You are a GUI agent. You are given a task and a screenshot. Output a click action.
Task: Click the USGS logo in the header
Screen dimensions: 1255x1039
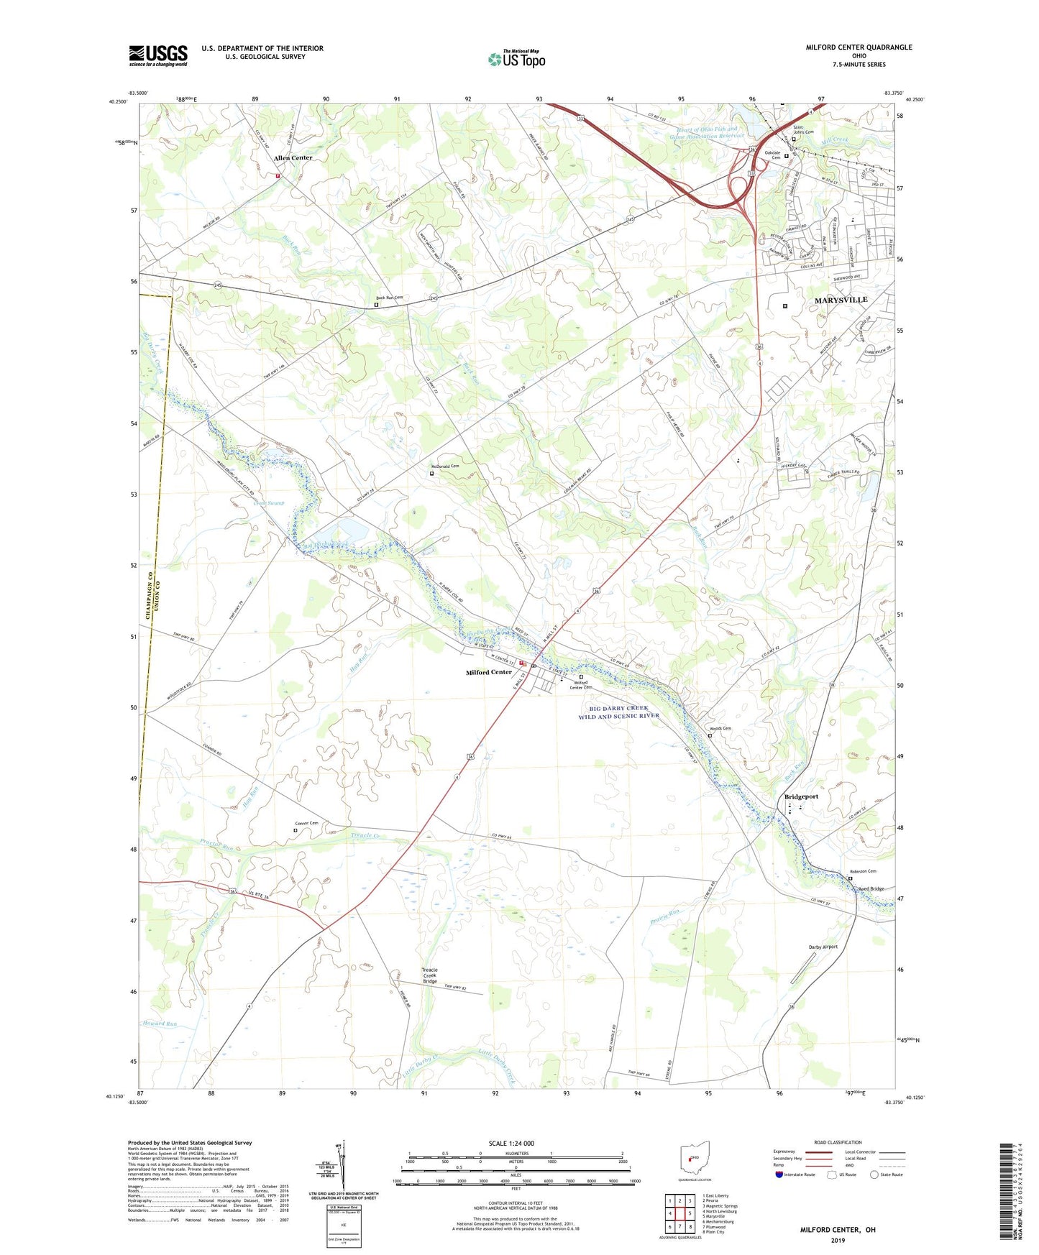tap(158, 55)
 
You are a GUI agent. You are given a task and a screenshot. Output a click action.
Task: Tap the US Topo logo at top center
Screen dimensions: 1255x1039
tap(516, 59)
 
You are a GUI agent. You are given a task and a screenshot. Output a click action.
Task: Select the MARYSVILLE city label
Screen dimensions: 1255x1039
tap(841, 300)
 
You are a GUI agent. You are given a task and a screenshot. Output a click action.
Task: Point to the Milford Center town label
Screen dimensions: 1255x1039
tap(489, 672)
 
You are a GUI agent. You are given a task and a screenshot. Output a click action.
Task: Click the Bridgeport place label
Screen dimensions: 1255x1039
tap(801, 796)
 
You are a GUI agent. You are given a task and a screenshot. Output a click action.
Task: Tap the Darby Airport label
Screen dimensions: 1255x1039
tap(823, 947)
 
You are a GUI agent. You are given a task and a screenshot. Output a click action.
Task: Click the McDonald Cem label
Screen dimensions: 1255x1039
tap(444, 466)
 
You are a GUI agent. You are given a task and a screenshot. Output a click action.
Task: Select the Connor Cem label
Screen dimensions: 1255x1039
tap(306, 823)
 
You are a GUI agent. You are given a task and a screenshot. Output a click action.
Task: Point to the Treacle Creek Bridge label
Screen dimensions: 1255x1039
tap(430, 975)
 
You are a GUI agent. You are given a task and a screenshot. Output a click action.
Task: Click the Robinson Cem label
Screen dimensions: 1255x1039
tap(863, 871)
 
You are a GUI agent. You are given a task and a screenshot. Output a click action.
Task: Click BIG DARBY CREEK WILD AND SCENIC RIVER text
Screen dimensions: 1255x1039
tap(618, 712)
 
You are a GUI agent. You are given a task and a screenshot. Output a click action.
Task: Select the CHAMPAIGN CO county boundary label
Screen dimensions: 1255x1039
tap(148, 592)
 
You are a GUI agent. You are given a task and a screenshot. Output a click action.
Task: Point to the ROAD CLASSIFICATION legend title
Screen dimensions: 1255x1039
tap(838, 1142)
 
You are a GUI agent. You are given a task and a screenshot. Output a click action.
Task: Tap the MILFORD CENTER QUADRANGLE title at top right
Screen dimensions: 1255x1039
tap(859, 47)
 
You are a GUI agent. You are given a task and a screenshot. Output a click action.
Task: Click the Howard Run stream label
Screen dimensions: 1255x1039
tap(159, 1023)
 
